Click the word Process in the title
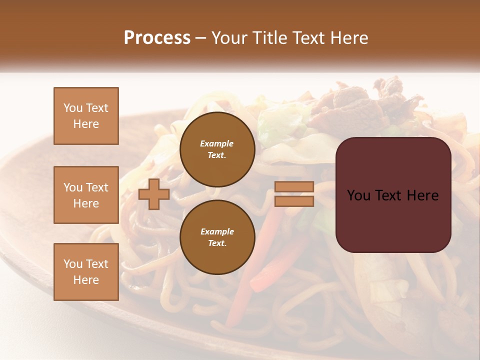coord(157,38)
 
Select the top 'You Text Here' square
coord(86,116)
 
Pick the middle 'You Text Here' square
coord(86,195)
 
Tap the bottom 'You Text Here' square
coord(86,272)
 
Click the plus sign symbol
coord(154,194)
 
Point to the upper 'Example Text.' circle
coord(217,149)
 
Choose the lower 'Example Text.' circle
coord(217,237)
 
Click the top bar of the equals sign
coord(294,187)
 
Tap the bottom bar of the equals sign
coord(294,201)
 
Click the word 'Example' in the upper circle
coord(217,143)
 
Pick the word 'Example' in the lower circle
coord(217,231)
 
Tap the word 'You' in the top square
coord(73,108)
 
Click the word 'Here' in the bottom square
coord(86,280)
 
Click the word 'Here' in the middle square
coord(86,203)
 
